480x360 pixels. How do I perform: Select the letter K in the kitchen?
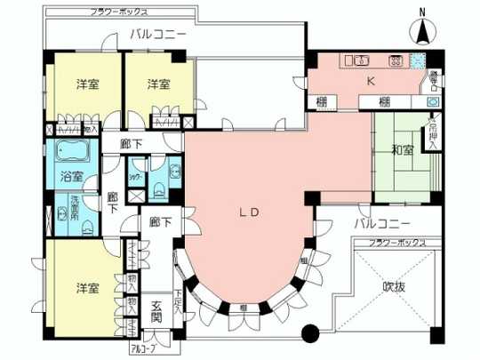coord(372,80)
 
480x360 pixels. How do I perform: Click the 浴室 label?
coord(71,176)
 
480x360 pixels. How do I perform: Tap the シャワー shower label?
coord(136,175)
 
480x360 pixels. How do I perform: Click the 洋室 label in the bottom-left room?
coord(87,290)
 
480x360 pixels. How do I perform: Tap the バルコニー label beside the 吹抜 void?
coord(380,221)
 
